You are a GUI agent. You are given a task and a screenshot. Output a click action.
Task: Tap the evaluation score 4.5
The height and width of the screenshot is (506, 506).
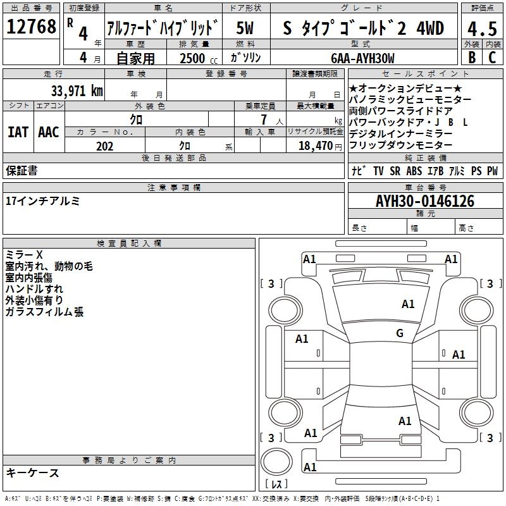481,28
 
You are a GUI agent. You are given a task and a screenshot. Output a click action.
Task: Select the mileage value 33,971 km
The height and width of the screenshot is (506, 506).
77,90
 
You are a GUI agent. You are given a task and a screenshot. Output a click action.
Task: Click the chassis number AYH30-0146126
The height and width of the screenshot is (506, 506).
425,201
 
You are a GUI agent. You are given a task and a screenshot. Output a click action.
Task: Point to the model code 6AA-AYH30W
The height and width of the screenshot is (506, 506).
362,58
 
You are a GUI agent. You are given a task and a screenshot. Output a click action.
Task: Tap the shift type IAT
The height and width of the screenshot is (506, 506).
18,132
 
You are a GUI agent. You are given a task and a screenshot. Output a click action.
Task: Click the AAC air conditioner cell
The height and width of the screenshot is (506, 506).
49,132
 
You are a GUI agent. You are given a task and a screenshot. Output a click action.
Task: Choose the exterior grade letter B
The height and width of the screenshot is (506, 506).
471,57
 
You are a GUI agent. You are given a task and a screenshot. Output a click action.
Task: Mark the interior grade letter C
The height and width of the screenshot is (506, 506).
492,57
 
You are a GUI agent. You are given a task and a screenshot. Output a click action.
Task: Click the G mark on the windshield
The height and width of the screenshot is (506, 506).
400,333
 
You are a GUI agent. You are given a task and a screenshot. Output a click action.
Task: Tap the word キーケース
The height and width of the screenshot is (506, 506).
32,473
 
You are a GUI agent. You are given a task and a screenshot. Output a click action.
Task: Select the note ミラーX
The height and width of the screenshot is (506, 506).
23,255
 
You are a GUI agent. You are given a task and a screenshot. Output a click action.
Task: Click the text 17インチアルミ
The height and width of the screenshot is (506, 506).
42,201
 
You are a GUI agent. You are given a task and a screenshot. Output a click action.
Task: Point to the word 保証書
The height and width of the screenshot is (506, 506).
22,170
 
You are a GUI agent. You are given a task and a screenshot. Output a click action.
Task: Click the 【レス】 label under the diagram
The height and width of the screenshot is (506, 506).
276,484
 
